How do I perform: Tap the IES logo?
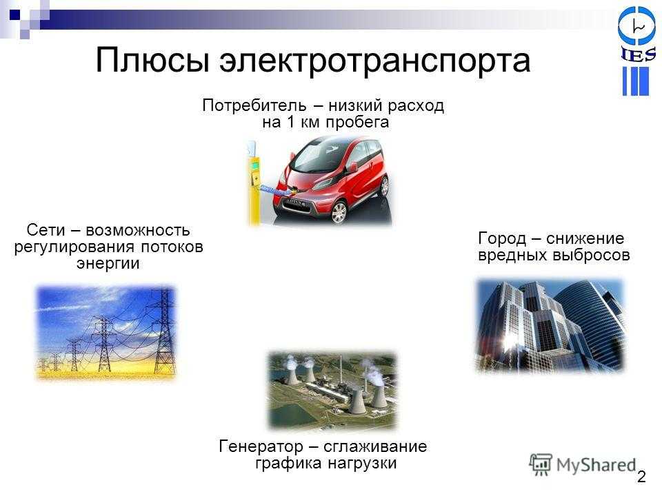click(x=636, y=51)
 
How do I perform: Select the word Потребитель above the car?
click(x=254, y=105)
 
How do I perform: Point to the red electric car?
click(x=332, y=179)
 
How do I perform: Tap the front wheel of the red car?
click(x=338, y=212)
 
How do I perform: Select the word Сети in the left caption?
click(x=46, y=230)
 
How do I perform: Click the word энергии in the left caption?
click(x=108, y=264)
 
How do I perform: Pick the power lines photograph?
click(x=106, y=332)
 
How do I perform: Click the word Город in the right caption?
click(x=502, y=239)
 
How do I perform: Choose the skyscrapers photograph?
click(x=550, y=325)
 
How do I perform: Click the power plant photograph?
click(x=332, y=390)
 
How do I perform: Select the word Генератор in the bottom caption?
click(x=261, y=446)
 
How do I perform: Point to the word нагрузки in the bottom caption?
click(x=362, y=463)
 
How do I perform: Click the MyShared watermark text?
click(x=596, y=465)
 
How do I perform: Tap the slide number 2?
click(x=641, y=477)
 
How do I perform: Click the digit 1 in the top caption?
click(x=290, y=123)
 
